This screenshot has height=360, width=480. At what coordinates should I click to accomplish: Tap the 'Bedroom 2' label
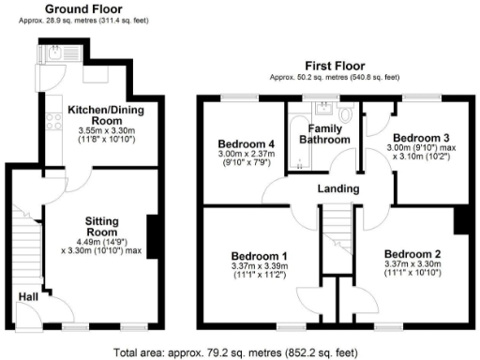click(x=412, y=254)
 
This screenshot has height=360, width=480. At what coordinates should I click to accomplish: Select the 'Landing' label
click(x=337, y=189)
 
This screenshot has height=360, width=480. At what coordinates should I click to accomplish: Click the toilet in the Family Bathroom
click(x=347, y=115)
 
